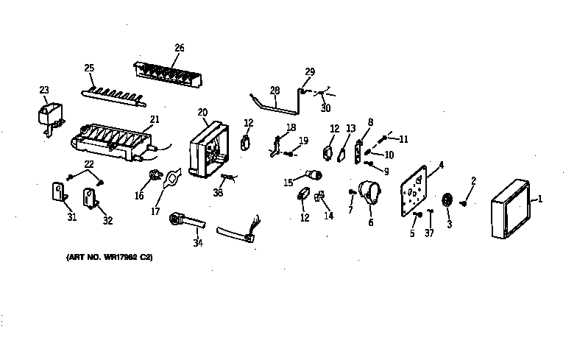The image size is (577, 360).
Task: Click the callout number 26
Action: [179, 48]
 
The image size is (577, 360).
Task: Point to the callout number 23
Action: [44, 91]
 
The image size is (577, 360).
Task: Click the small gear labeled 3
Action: [447, 201]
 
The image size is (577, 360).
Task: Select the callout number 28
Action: [275, 91]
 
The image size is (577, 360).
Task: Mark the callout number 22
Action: [88, 163]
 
